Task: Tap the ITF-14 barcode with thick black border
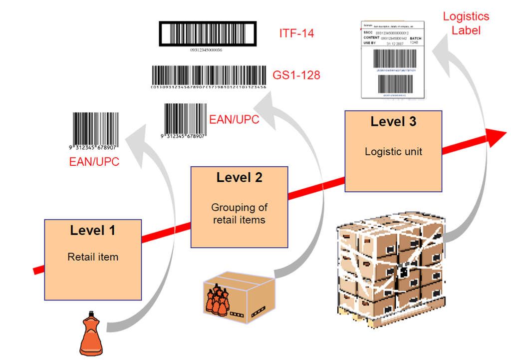208,34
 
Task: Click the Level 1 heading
93,230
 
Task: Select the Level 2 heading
239,177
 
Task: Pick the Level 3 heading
393,121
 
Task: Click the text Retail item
93,257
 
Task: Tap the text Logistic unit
393,151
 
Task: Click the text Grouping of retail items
239,213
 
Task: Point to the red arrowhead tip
504,136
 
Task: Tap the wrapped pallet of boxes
390,269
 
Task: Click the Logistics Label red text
466,23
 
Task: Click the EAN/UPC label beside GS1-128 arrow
234,119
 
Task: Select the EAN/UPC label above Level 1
94,162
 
